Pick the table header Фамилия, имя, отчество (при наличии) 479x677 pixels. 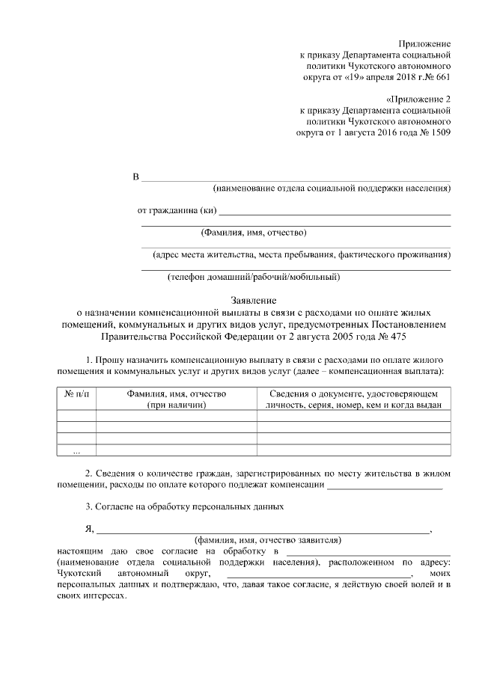[x=176, y=399]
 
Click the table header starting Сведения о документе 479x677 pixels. [x=353, y=399]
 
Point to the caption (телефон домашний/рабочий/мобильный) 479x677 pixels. [x=254, y=278]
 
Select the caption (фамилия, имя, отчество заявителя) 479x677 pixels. [x=267, y=539]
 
